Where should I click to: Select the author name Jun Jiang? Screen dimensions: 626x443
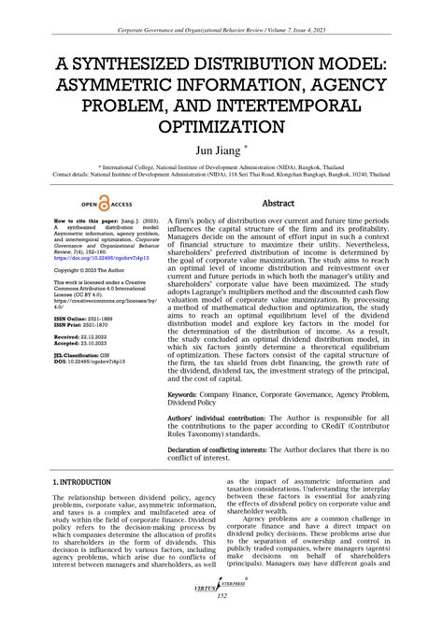(x=217, y=149)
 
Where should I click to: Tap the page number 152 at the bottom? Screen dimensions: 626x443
(x=221, y=595)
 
